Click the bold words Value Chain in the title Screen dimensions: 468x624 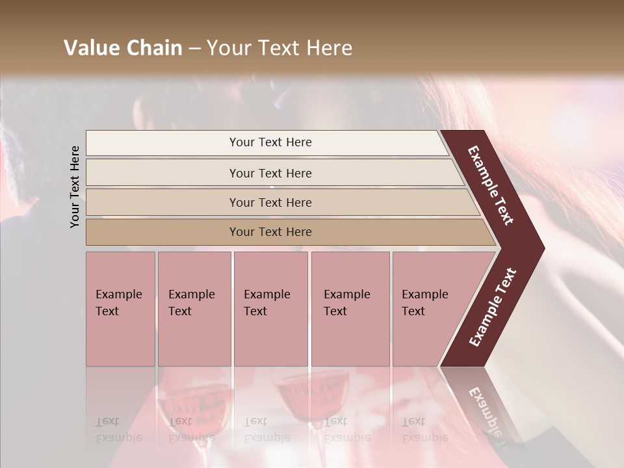tap(123, 48)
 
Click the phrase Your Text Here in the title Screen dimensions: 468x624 tap(279, 48)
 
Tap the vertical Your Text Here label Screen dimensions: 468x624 tap(75, 187)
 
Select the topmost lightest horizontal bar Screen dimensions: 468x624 tap(266, 142)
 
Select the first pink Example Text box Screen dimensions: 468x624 tap(120, 308)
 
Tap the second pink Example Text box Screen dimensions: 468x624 tap(194, 308)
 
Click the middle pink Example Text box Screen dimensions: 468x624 tap(270, 308)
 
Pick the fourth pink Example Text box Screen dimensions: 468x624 tap(350, 308)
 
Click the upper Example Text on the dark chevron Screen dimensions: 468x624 tap(491, 185)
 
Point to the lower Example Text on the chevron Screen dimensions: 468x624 tap(493, 307)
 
